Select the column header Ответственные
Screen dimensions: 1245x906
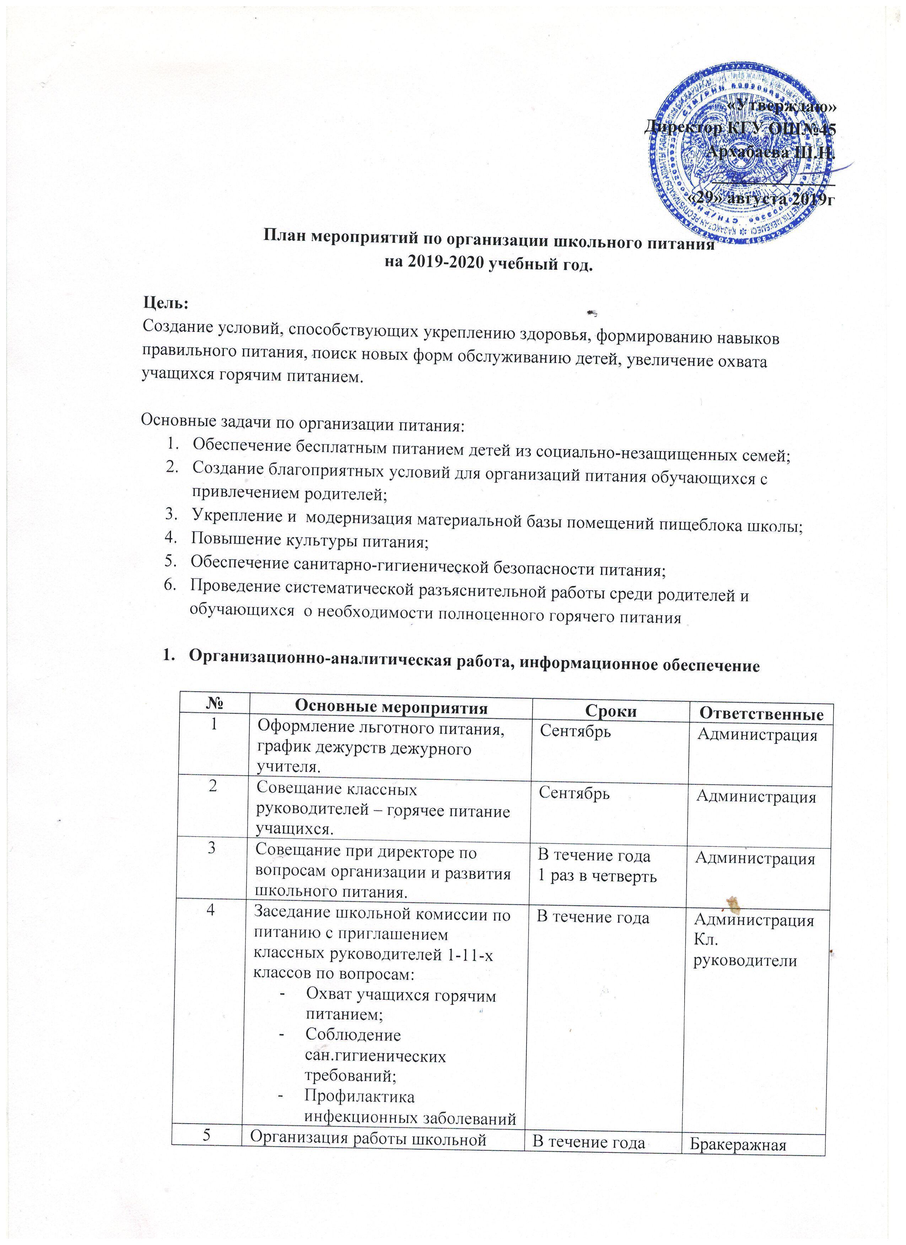(761, 714)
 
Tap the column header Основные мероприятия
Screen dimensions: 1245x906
(391, 708)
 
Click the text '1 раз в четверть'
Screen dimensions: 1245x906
(597, 876)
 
